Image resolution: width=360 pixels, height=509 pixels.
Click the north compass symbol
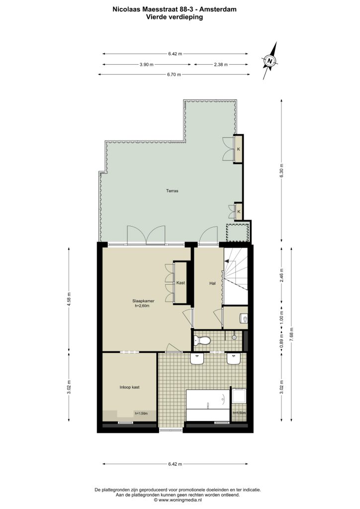(270, 61)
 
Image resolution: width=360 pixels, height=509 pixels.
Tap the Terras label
(172, 191)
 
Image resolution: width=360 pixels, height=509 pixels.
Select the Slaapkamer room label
(143, 301)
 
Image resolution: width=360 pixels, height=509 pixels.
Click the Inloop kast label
(129, 387)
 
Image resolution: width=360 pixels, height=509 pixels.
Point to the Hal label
(213, 283)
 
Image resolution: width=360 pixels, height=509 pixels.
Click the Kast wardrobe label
(180, 283)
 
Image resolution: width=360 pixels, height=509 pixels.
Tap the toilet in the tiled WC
(202, 340)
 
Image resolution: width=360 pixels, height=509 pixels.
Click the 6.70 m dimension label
(174, 75)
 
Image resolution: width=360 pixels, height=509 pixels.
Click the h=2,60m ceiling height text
(142, 306)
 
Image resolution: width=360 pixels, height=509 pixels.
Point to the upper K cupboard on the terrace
(239, 149)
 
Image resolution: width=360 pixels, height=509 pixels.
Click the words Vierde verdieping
(175, 17)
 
